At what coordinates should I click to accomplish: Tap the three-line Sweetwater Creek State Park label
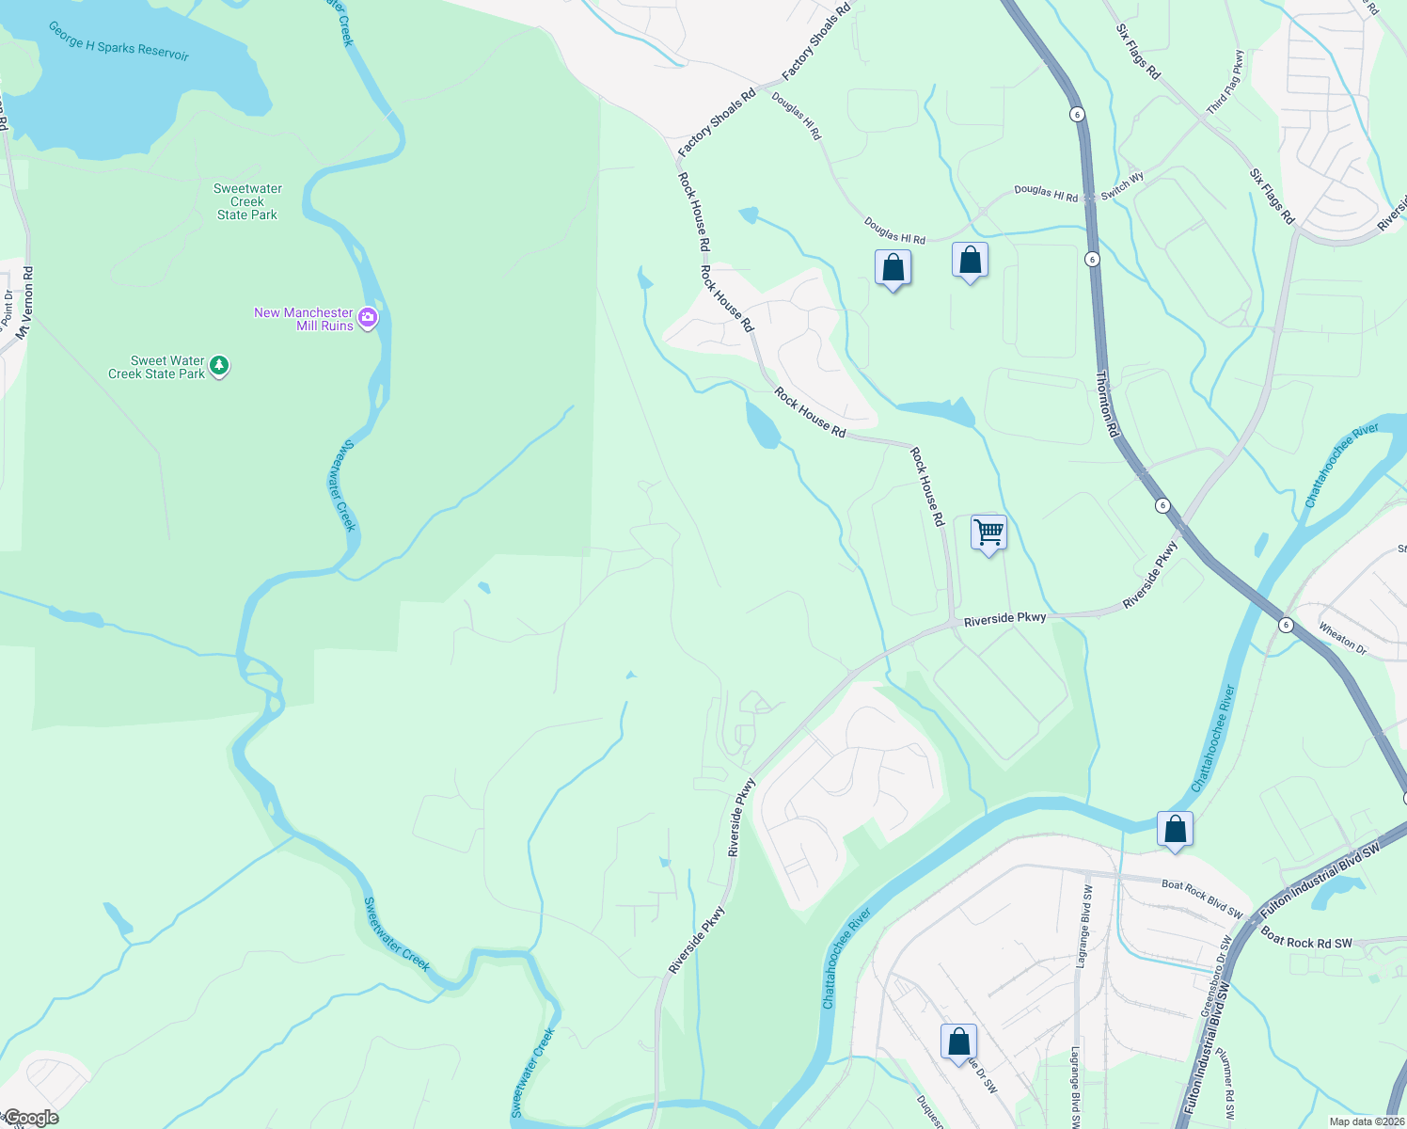(x=247, y=201)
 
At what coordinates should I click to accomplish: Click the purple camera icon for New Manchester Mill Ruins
(x=368, y=318)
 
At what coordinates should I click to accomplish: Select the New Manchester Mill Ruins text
(x=304, y=319)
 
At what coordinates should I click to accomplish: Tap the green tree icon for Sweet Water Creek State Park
(x=219, y=365)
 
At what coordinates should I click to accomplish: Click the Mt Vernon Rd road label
(x=25, y=303)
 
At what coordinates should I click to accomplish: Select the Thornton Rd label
(x=1107, y=403)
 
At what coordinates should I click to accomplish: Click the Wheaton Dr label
(x=1342, y=638)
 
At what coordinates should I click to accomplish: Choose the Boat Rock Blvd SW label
(x=1202, y=898)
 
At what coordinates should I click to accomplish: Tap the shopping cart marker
(x=988, y=533)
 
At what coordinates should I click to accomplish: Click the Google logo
(x=31, y=1118)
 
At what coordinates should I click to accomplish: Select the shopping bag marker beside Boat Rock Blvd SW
(x=1175, y=830)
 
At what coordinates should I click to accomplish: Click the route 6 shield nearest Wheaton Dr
(x=1285, y=625)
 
